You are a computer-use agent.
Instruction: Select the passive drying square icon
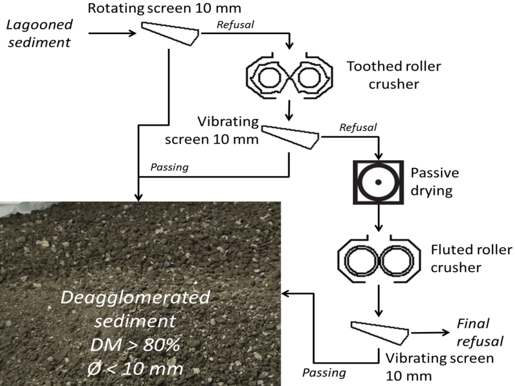tap(379, 183)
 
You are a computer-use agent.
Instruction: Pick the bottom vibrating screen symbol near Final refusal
tap(380, 331)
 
